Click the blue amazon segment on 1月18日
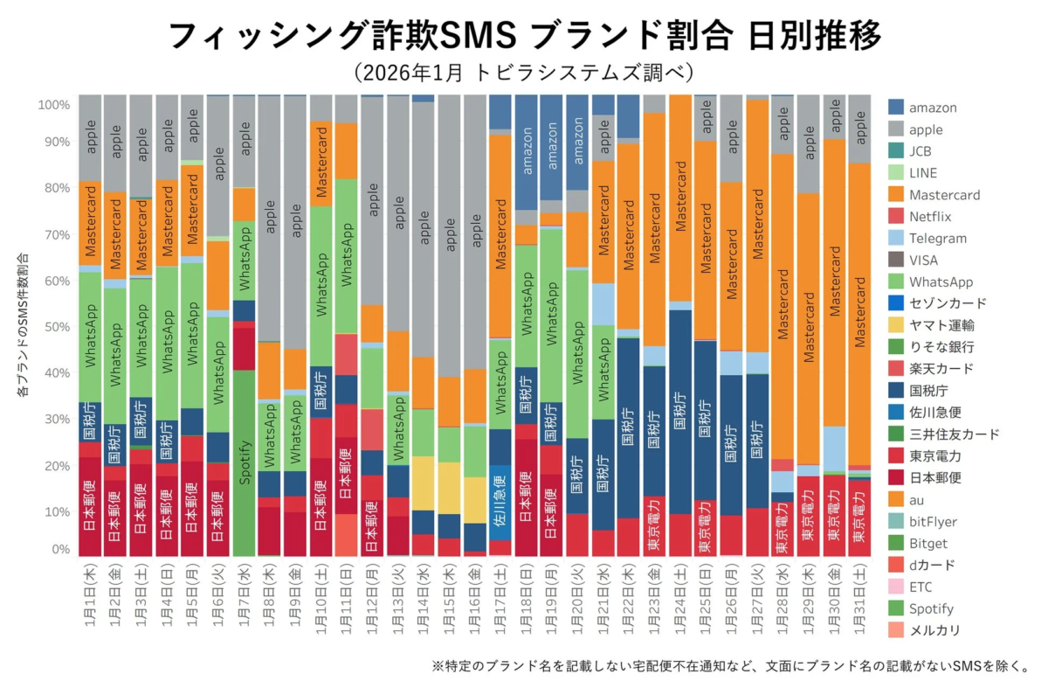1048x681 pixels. click(x=525, y=152)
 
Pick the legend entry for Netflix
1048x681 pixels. click(x=930, y=217)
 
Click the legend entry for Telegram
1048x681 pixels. click(x=937, y=239)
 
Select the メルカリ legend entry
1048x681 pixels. click(x=936, y=630)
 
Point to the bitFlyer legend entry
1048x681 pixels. click(x=937, y=522)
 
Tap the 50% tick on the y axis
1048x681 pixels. click(x=54, y=327)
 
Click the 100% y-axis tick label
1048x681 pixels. click(x=52, y=105)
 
